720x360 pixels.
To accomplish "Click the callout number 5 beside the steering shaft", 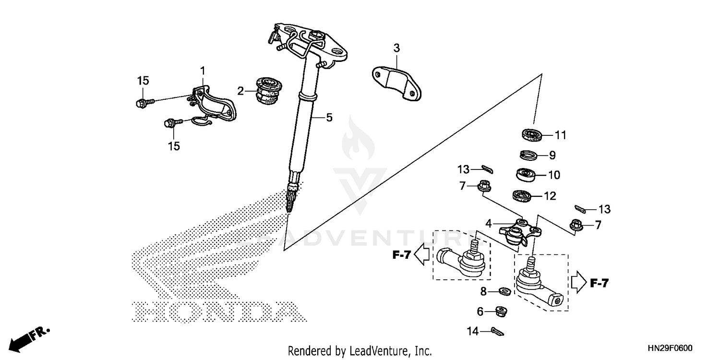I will [329, 117].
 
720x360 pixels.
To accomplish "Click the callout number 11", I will [561, 135].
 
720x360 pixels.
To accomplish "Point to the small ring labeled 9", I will [529, 155].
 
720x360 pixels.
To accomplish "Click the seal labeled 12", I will [522, 195].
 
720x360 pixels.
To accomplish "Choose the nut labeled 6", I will [502, 311].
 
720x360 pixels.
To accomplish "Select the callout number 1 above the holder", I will [203, 71].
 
